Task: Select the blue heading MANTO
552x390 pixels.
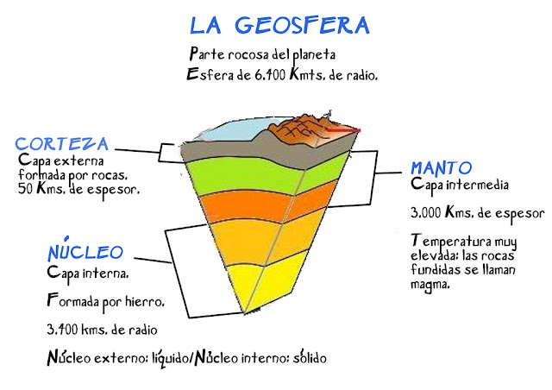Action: pyautogui.click(x=440, y=167)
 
